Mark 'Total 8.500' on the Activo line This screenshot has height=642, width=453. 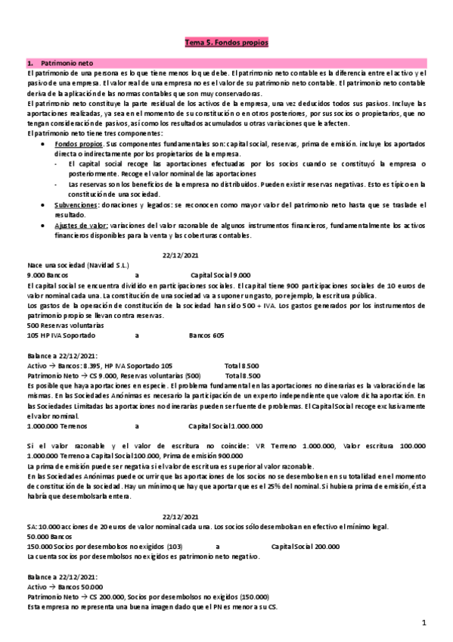click(242, 364)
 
